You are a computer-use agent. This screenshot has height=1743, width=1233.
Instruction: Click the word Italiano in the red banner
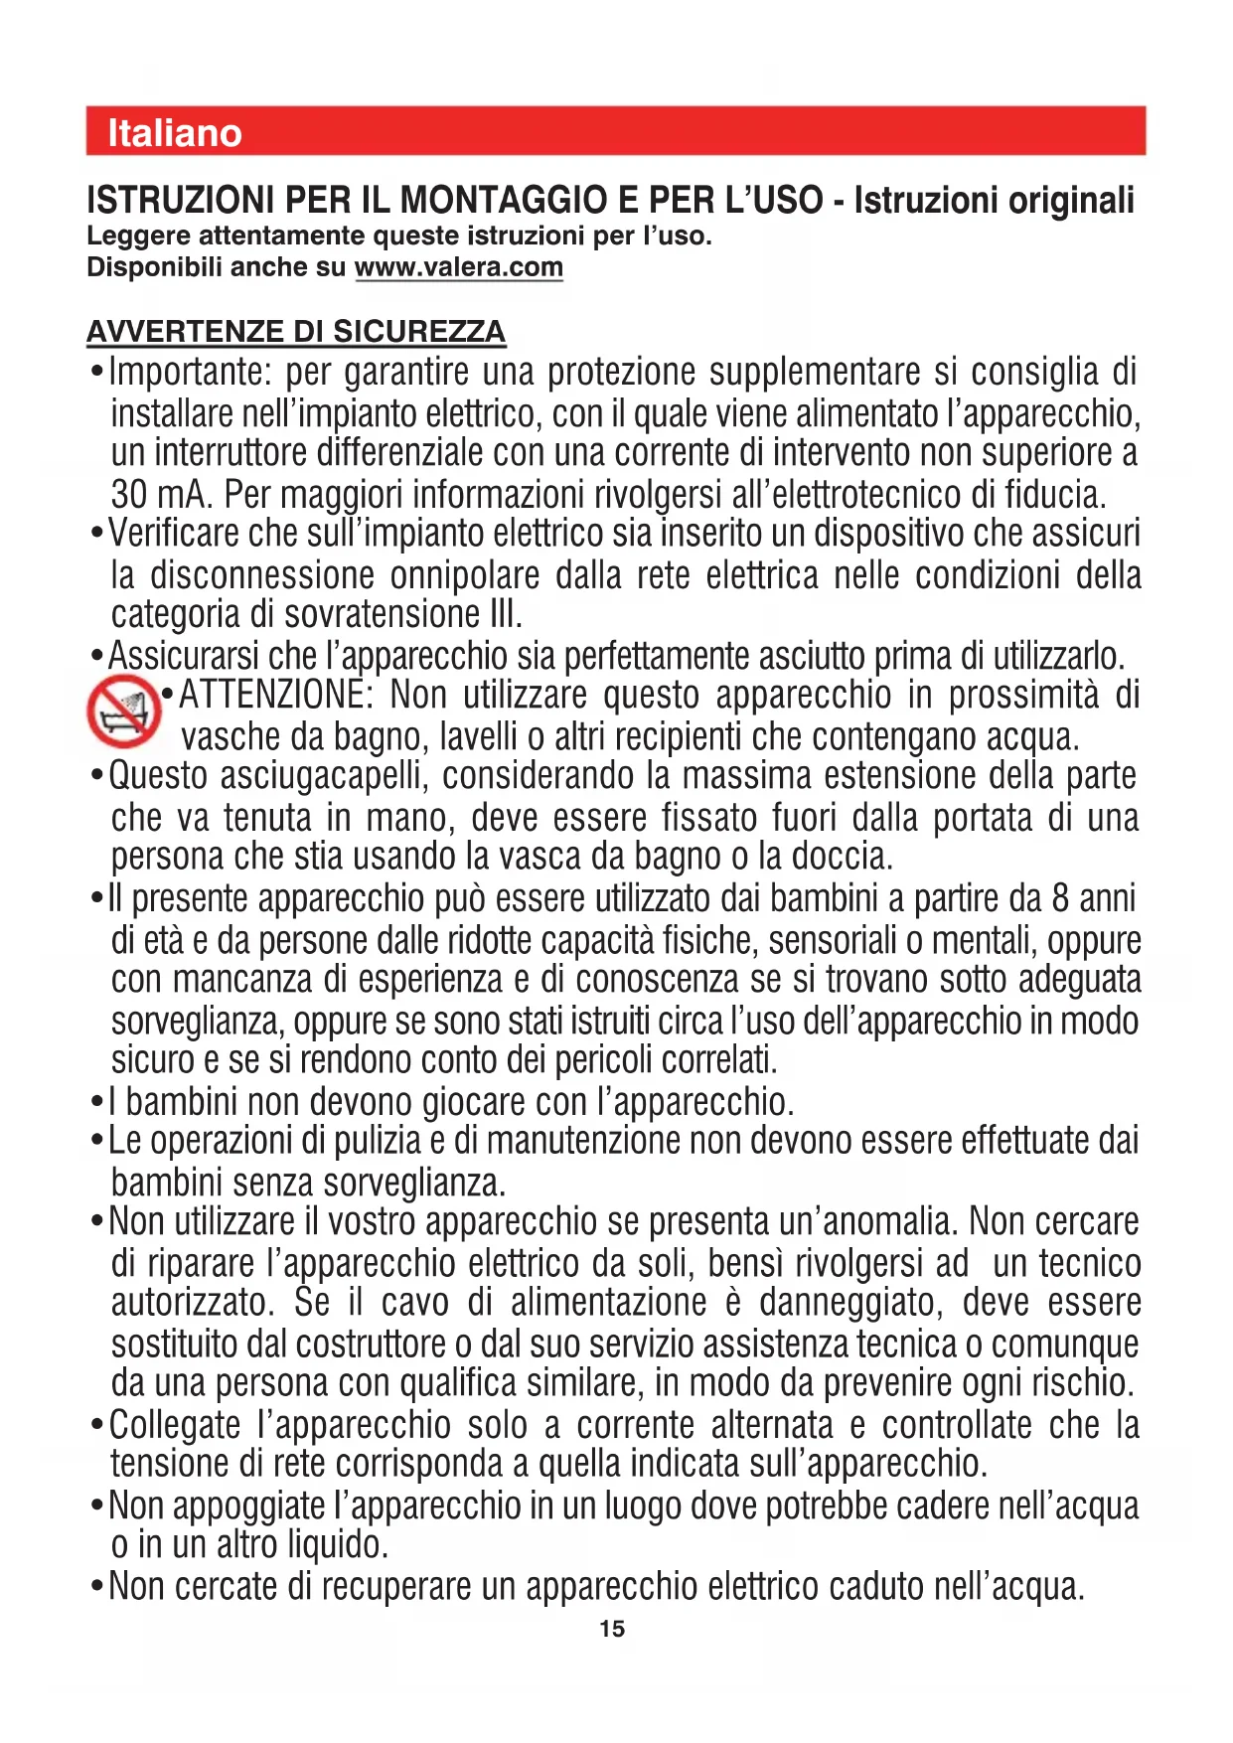[x=175, y=133]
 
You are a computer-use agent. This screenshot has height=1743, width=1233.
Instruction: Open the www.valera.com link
[x=459, y=267]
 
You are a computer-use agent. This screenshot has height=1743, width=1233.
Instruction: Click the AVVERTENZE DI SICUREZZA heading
[x=296, y=331]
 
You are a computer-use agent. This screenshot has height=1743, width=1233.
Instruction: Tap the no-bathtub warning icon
[x=123, y=711]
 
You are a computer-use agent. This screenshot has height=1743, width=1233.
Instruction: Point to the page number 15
[x=612, y=1629]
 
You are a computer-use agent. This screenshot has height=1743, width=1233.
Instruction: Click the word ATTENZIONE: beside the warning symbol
[x=275, y=696]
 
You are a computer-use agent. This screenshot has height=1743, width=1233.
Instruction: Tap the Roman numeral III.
[x=505, y=615]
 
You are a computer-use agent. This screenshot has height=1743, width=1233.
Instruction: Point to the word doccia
[x=848, y=857]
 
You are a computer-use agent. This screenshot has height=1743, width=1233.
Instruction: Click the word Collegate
[x=175, y=1425]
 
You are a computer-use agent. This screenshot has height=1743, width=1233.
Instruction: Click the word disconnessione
[x=261, y=575]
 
